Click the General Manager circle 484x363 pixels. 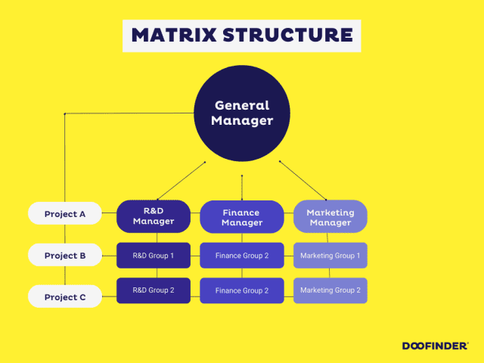(x=241, y=113)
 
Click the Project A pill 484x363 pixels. (x=65, y=214)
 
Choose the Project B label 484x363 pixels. (x=65, y=256)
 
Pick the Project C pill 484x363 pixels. (x=65, y=297)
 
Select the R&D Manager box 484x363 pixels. (x=154, y=216)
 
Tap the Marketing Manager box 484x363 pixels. (x=330, y=217)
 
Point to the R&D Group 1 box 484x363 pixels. (x=154, y=256)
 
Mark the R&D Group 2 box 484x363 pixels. (x=154, y=290)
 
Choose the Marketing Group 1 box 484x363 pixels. (x=330, y=256)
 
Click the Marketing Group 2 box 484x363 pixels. (x=330, y=290)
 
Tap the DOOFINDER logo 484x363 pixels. (x=434, y=346)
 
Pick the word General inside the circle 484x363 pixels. (x=241, y=106)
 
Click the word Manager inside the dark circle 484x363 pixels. (x=241, y=121)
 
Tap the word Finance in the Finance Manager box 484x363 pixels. (x=241, y=213)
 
